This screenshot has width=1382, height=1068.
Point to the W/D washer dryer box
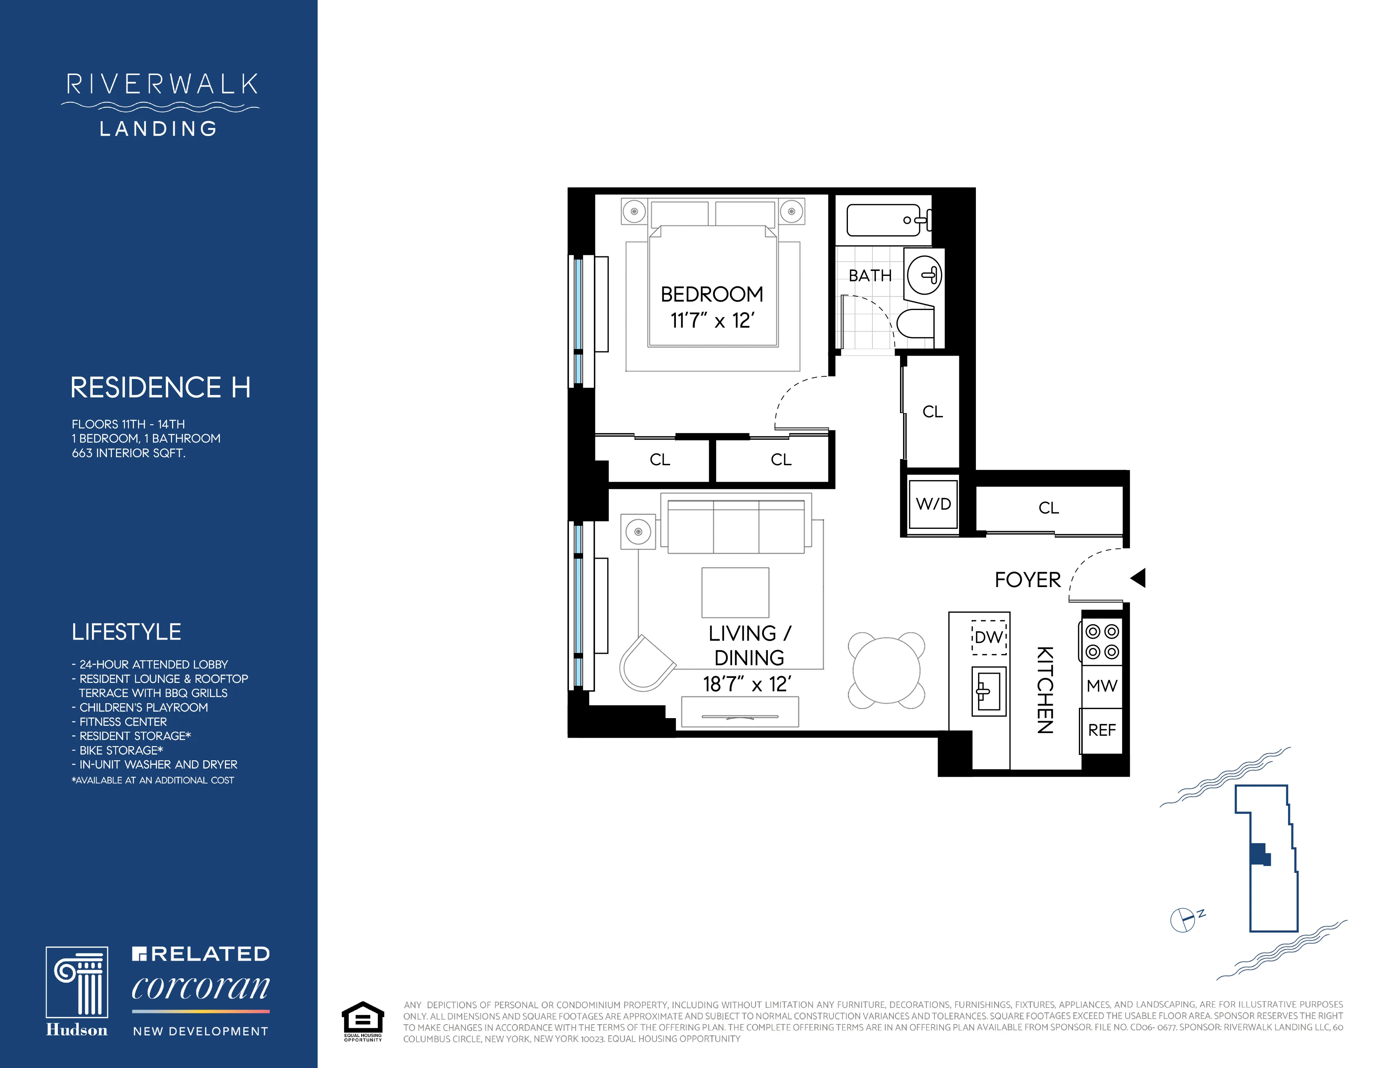[933, 504]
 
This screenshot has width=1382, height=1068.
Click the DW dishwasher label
[989, 637]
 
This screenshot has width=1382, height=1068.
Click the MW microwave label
[1102, 686]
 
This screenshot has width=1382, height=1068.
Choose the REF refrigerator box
[1102, 730]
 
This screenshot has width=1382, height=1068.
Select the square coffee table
[735, 592]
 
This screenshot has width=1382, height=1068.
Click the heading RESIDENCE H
[160, 387]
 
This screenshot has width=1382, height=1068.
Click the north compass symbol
[1183, 920]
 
